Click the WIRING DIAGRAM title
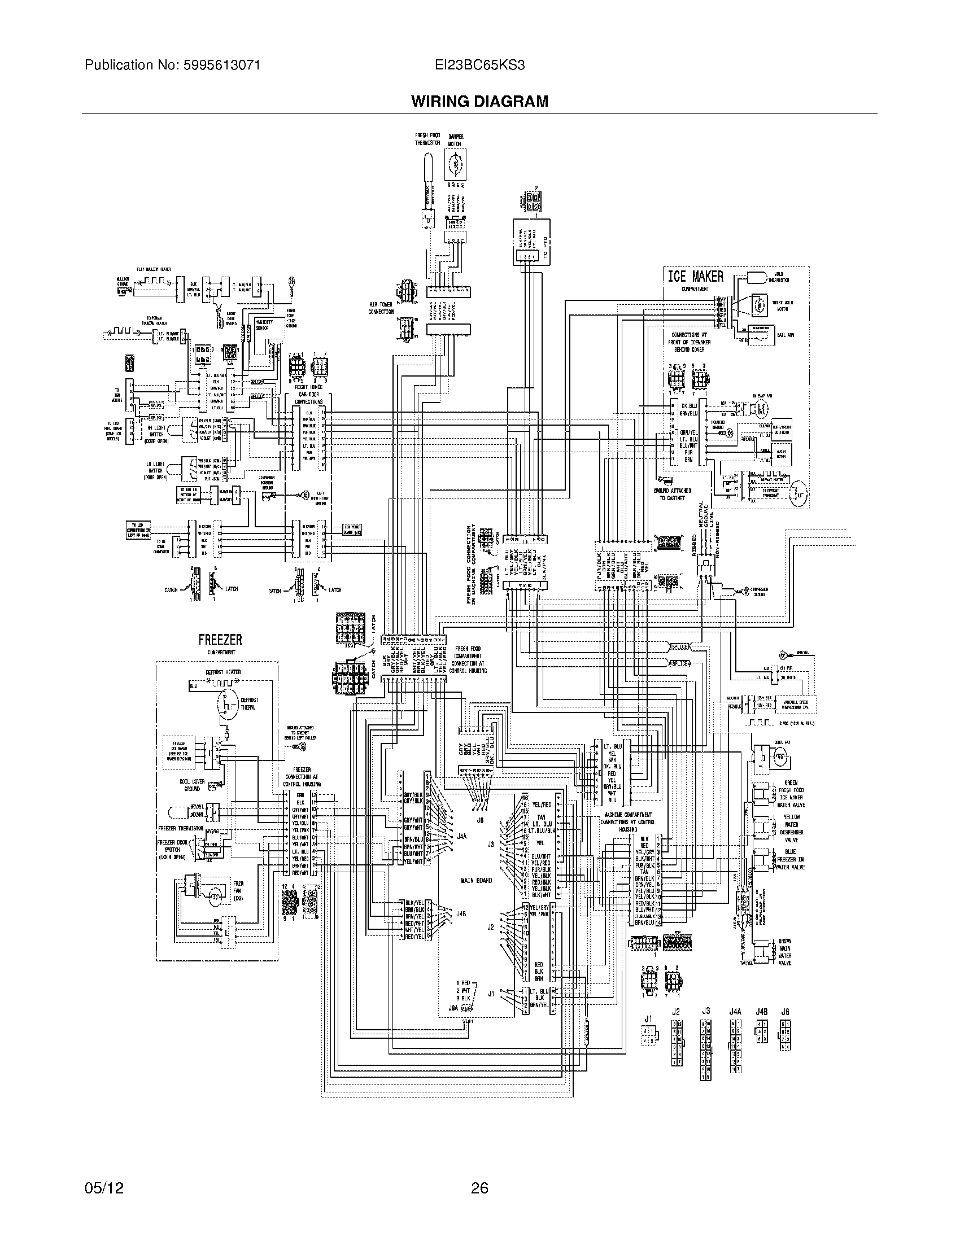tap(479, 101)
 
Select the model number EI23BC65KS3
tap(479, 65)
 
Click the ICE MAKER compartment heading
tap(695, 277)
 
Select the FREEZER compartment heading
tap(220, 640)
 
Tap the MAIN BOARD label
tap(476, 880)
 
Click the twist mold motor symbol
tap(758, 305)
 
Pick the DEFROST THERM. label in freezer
tap(250, 703)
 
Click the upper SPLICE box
tap(679, 646)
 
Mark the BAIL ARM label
tap(786, 335)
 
